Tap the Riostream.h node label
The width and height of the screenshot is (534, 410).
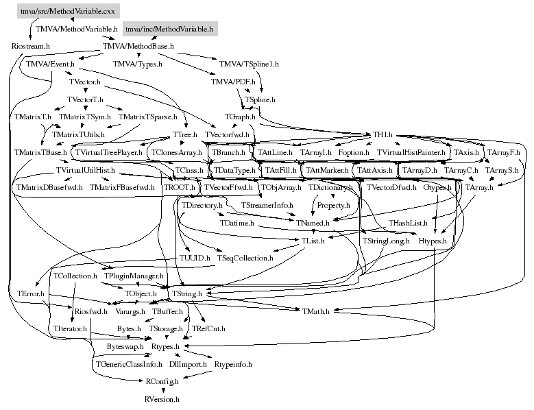31,46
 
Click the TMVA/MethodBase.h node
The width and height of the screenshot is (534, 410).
138,46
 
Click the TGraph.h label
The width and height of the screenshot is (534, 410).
239,117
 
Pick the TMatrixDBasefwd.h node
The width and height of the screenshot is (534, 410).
47,187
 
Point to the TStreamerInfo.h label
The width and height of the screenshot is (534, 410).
267,205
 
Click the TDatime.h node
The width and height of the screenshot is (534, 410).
237,223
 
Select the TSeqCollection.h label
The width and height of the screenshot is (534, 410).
244,258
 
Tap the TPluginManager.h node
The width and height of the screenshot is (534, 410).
134,276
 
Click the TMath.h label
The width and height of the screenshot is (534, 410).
315,311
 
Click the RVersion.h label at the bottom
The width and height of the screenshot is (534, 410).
162,398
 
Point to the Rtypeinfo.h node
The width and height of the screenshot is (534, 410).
233,364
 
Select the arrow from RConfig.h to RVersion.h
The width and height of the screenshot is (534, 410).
162,389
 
